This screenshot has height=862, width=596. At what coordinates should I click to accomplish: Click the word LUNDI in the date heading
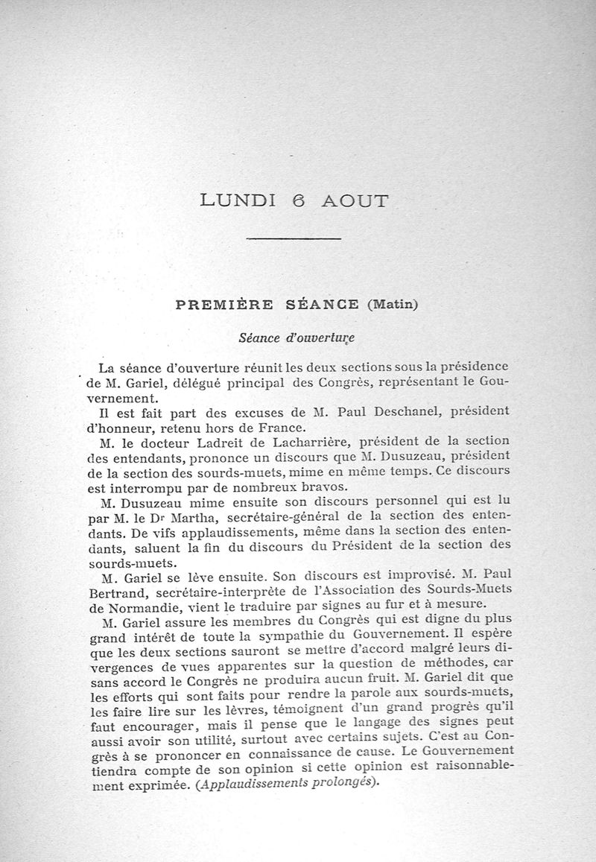(x=238, y=201)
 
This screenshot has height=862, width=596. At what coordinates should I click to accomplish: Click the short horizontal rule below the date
(x=293, y=238)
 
